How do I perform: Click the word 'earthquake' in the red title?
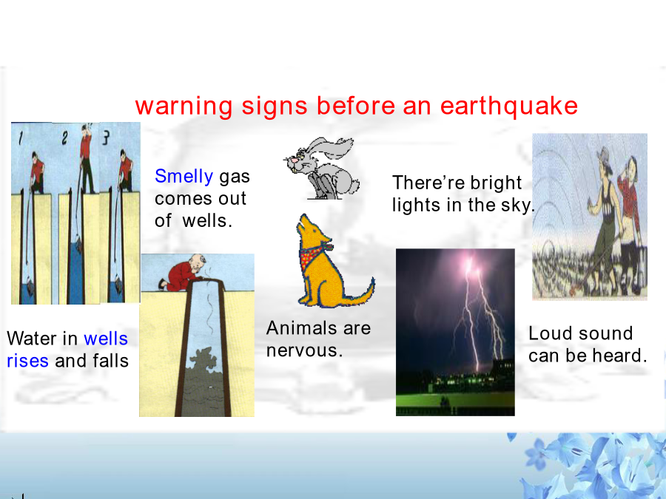pos(509,106)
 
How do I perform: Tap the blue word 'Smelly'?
pos(184,177)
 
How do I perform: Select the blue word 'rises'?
pos(27,361)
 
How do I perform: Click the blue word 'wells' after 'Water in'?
pos(106,339)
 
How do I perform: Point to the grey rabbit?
pos(323,168)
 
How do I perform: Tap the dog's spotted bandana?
pos(314,254)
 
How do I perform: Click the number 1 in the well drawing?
pos(20,138)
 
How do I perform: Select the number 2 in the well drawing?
pos(64,138)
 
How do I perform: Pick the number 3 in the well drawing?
pos(106,137)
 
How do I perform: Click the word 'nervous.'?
pos(304,350)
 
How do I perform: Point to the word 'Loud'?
pos(548,333)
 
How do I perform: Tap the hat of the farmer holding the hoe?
pos(605,156)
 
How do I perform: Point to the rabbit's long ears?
pos(334,147)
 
